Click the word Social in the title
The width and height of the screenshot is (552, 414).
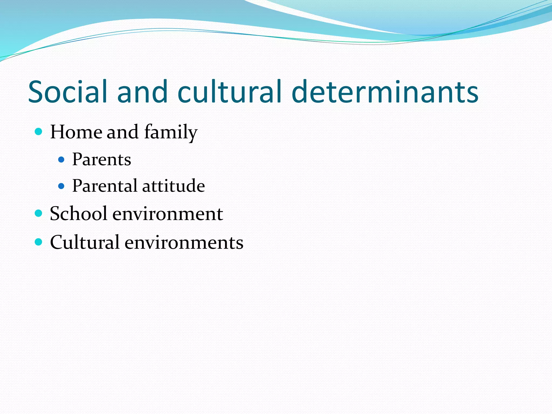tap(68, 92)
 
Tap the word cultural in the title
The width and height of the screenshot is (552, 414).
tap(229, 92)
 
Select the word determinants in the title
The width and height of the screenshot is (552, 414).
tap(385, 92)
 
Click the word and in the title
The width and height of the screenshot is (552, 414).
tap(142, 92)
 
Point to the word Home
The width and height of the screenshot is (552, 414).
tap(76, 132)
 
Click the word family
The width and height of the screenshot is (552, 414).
tap(171, 132)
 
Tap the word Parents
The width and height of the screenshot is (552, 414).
tap(102, 159)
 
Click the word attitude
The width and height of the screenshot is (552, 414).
tap(174, 186)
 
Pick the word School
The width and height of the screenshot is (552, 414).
tap(79, 213)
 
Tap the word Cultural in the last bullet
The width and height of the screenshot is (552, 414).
tap(85, 242)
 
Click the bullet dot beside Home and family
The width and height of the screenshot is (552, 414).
tap(39, 132)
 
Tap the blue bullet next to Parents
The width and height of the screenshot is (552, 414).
tap(61, 160)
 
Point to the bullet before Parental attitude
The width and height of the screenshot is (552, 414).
tap(61, 186)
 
